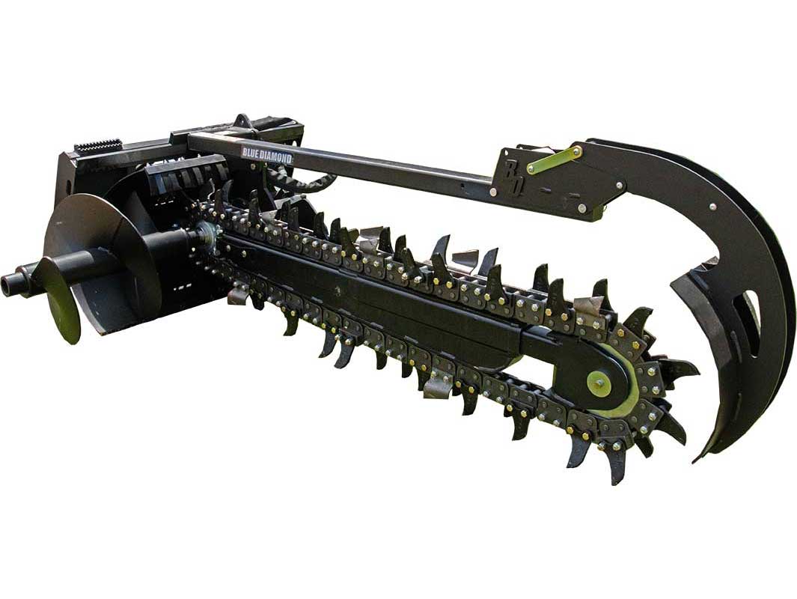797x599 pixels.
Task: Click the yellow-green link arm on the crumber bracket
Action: point(554,160)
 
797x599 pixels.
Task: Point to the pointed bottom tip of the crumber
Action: point(695,460)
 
